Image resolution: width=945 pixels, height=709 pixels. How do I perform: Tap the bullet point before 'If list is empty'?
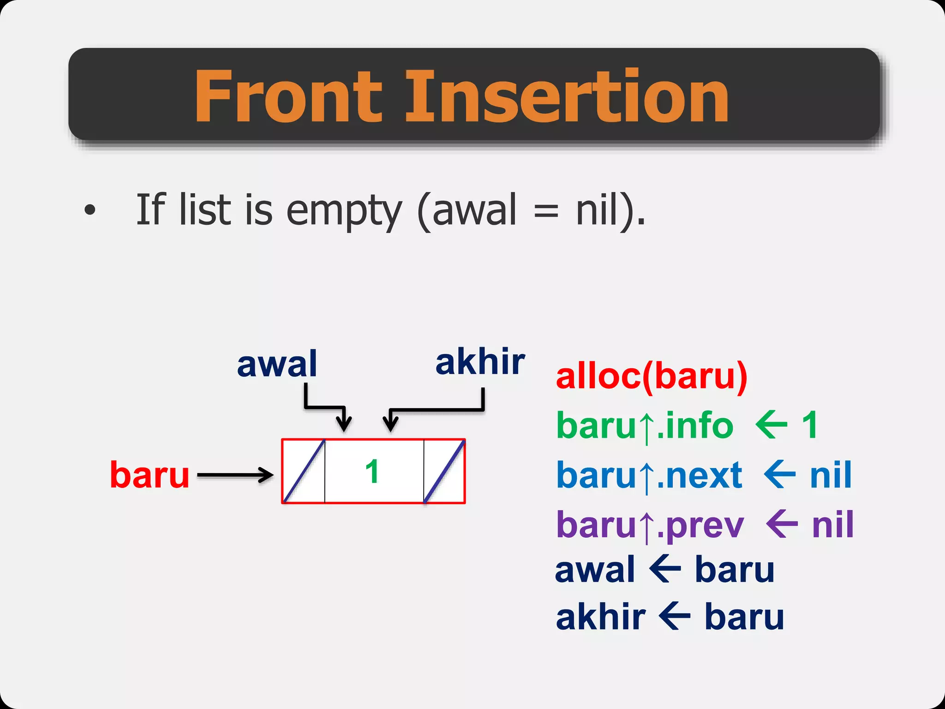tap(90, 210)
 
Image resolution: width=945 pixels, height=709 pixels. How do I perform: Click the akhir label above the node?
tap(480, 363)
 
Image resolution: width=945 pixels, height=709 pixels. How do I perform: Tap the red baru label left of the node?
tap(150, 475)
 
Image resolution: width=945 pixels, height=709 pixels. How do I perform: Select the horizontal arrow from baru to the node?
tap(235, 475)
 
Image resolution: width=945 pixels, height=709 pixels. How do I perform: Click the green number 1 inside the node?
tap(372, 472)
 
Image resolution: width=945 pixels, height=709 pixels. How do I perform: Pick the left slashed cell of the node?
tap(304, 471)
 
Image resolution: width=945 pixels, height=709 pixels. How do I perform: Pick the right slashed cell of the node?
tap(444, 471)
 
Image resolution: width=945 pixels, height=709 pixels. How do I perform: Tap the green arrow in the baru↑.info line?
tap(771, 425)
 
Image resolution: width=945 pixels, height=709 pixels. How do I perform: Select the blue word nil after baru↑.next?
tap(831, 475)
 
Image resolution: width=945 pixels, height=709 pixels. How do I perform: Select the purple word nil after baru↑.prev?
tap(833, 525)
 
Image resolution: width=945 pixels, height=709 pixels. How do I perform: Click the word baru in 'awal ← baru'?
tap(734, 571)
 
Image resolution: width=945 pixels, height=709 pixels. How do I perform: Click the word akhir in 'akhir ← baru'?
tap(600, 618)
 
